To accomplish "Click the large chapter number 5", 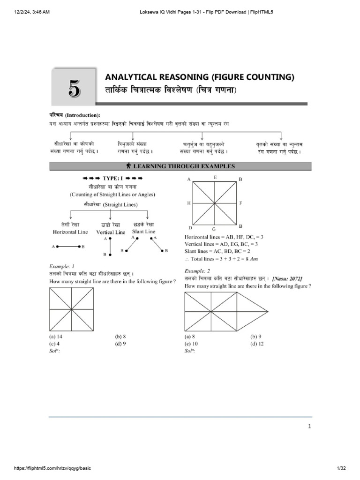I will (x=74, y=88).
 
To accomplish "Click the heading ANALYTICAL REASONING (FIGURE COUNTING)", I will (x=199, y=77).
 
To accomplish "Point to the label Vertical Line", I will (x=111, y=232).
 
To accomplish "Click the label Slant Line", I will (x=144, y=231).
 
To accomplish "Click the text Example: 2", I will (x=197, y=271).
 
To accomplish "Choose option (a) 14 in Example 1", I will (x=56, y=336).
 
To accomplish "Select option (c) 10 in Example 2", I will (x=191, y=343).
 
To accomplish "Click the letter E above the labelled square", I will (x=215, y=177).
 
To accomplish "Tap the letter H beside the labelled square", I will (x=188, y=203).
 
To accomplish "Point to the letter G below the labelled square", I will (x=214, y=229).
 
